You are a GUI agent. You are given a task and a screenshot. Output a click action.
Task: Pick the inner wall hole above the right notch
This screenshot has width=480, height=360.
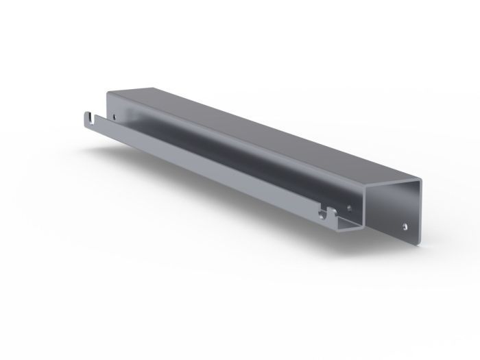(x=351, y=203)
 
